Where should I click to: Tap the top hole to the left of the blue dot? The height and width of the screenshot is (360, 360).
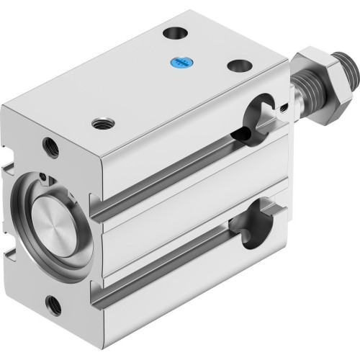174,32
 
